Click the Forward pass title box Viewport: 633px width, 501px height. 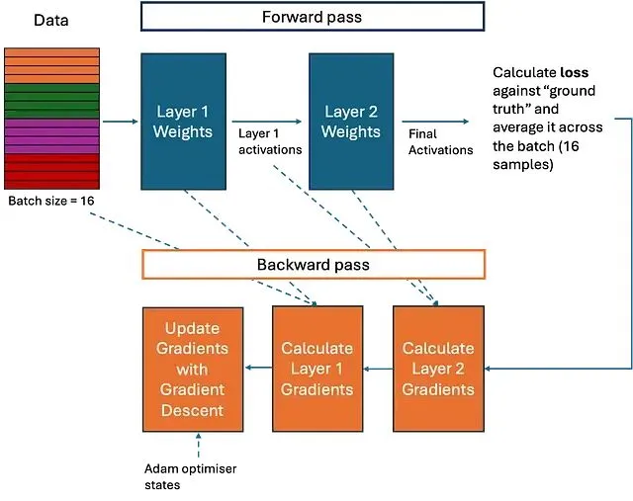click(313, 17)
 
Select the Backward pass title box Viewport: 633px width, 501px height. click(314, 264)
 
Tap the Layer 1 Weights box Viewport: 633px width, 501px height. click(184, 122)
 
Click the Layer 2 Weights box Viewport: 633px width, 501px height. click(353, 122)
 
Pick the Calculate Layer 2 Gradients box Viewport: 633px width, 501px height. click(438, 369)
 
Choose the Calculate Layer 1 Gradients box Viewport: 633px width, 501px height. click(316, 369)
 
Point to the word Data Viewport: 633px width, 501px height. click(50, 20)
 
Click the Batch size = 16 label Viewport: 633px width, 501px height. click(49, 202)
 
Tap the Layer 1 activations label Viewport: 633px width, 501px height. click(268, 139)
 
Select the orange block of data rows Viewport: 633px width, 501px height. click(51, 64)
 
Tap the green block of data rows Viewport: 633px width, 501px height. click(51, 100)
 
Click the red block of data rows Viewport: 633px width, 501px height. click(51, 171)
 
